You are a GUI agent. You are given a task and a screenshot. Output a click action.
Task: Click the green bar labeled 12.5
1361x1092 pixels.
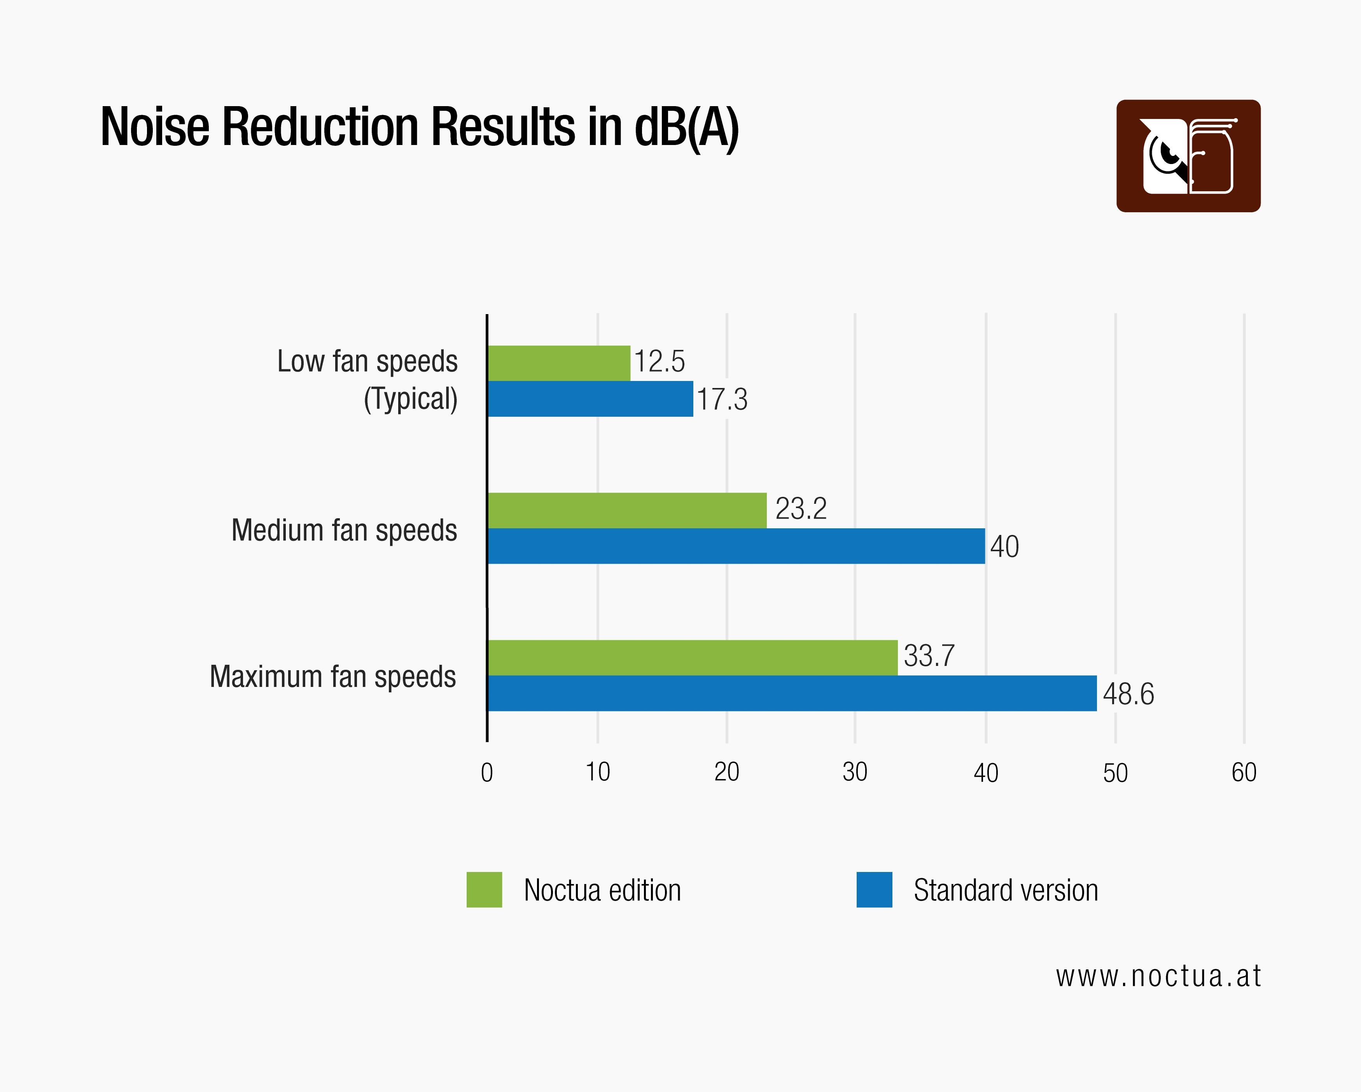[559, 363]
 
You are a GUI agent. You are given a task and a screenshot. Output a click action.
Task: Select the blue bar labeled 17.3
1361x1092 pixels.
[590, 398]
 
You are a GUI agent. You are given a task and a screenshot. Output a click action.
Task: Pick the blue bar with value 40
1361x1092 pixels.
[736, 545]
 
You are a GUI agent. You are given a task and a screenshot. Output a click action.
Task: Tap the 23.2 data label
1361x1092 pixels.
[800, 509]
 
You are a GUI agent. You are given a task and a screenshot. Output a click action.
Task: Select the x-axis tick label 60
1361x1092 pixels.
[1244, 772]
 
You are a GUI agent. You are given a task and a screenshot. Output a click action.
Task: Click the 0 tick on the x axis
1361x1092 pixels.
[487, 772]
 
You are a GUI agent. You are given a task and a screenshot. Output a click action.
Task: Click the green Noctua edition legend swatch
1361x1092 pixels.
[484, 889]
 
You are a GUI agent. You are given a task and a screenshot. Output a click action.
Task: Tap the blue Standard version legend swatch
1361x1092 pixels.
[874, 889]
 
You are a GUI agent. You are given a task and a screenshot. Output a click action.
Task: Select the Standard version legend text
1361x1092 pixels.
[1006, 890]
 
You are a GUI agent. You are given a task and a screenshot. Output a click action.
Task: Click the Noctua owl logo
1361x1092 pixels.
[1188, 156]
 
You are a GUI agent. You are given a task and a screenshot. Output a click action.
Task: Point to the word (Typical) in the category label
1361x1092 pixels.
[410, 399]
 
